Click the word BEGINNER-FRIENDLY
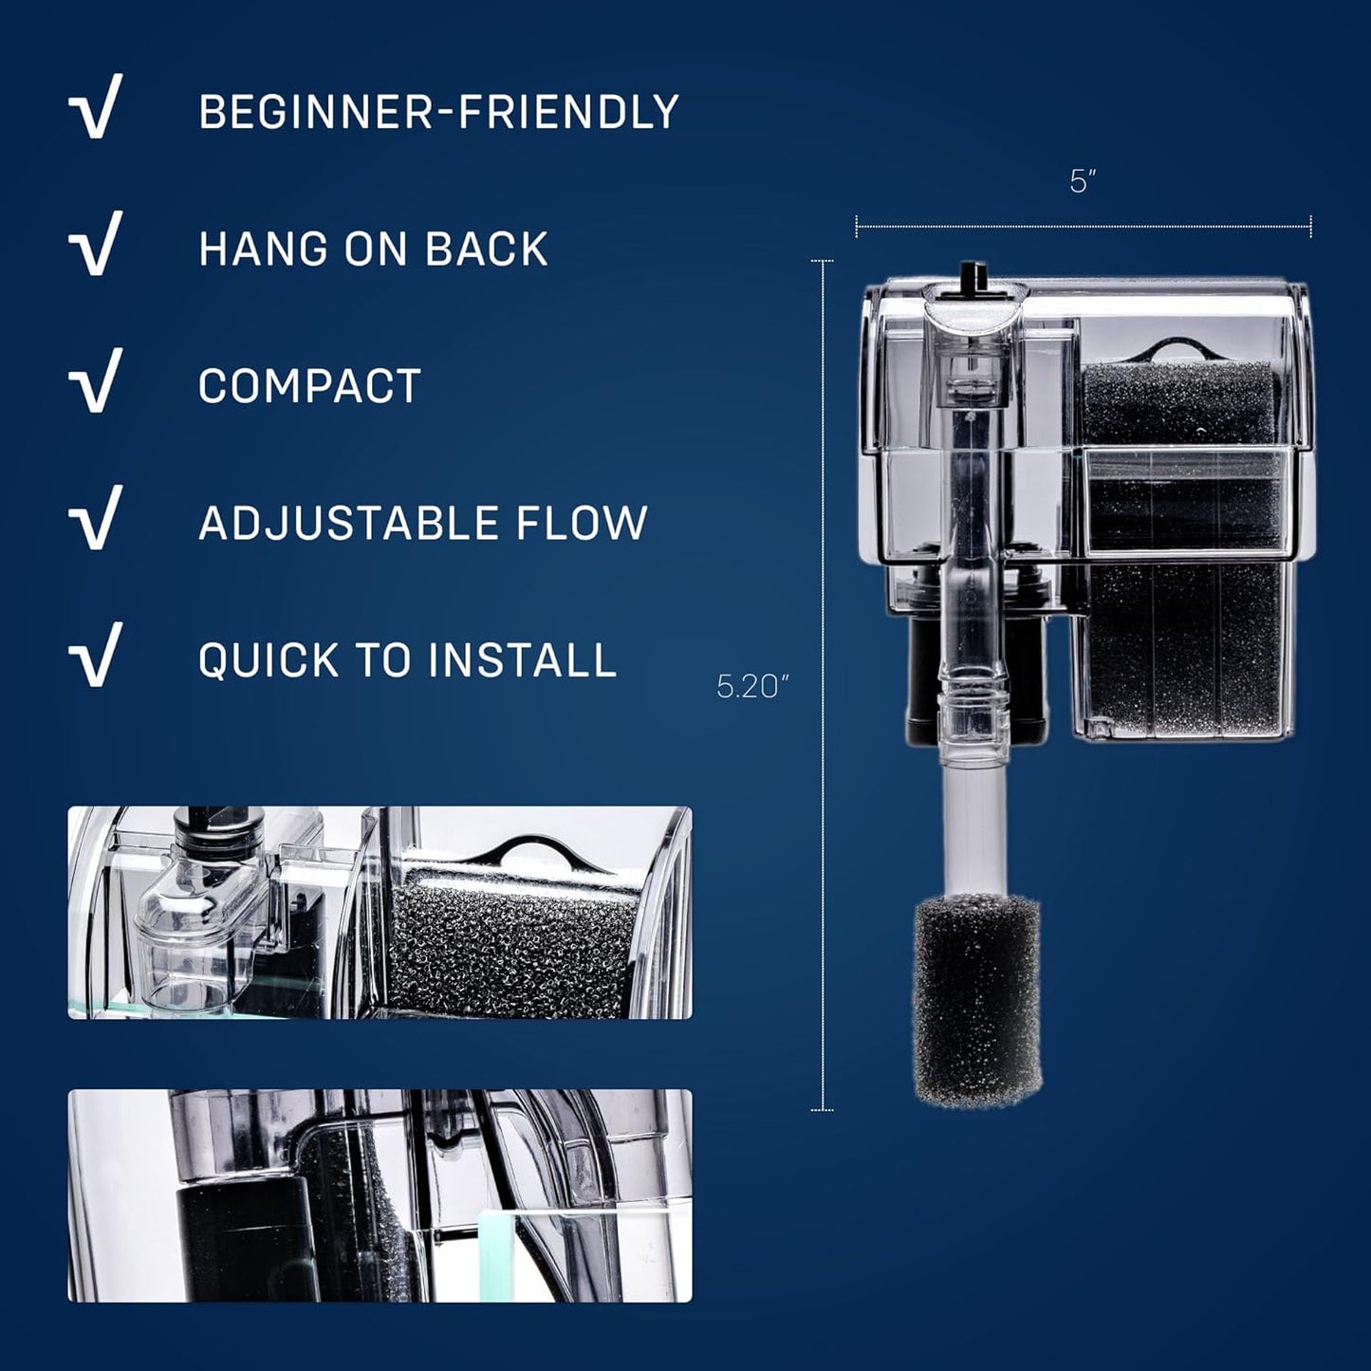point(438,112)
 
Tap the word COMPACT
point(309,386)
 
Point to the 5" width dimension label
point(1083,181)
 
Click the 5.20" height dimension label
point(753,686)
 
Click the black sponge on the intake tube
point(976,1001)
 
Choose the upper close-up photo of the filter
point(380,913)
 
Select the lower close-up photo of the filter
point(380,1195)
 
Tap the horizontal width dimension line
point(1083,226)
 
